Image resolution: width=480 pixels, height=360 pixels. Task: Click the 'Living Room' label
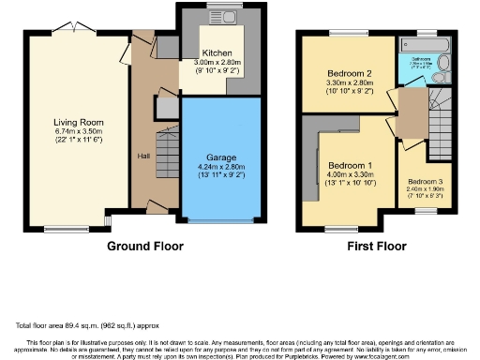coord(77,122)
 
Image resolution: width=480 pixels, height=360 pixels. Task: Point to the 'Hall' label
coord(143,156)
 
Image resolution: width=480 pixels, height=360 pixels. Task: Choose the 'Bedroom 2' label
coord(349,73)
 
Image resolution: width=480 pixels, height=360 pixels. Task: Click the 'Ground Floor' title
coord(144,247)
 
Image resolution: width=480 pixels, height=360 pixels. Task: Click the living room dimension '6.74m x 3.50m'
coord(77,131)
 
